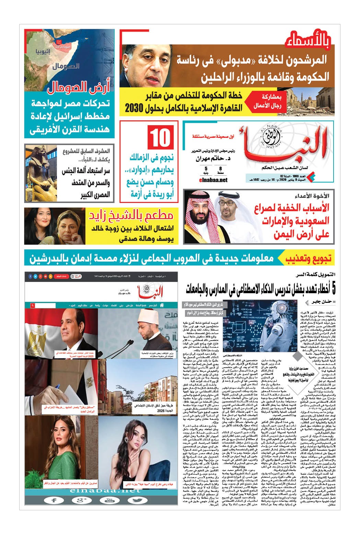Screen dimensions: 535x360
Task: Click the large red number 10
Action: (159, 137)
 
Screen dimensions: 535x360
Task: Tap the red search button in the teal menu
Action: (32, 305)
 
